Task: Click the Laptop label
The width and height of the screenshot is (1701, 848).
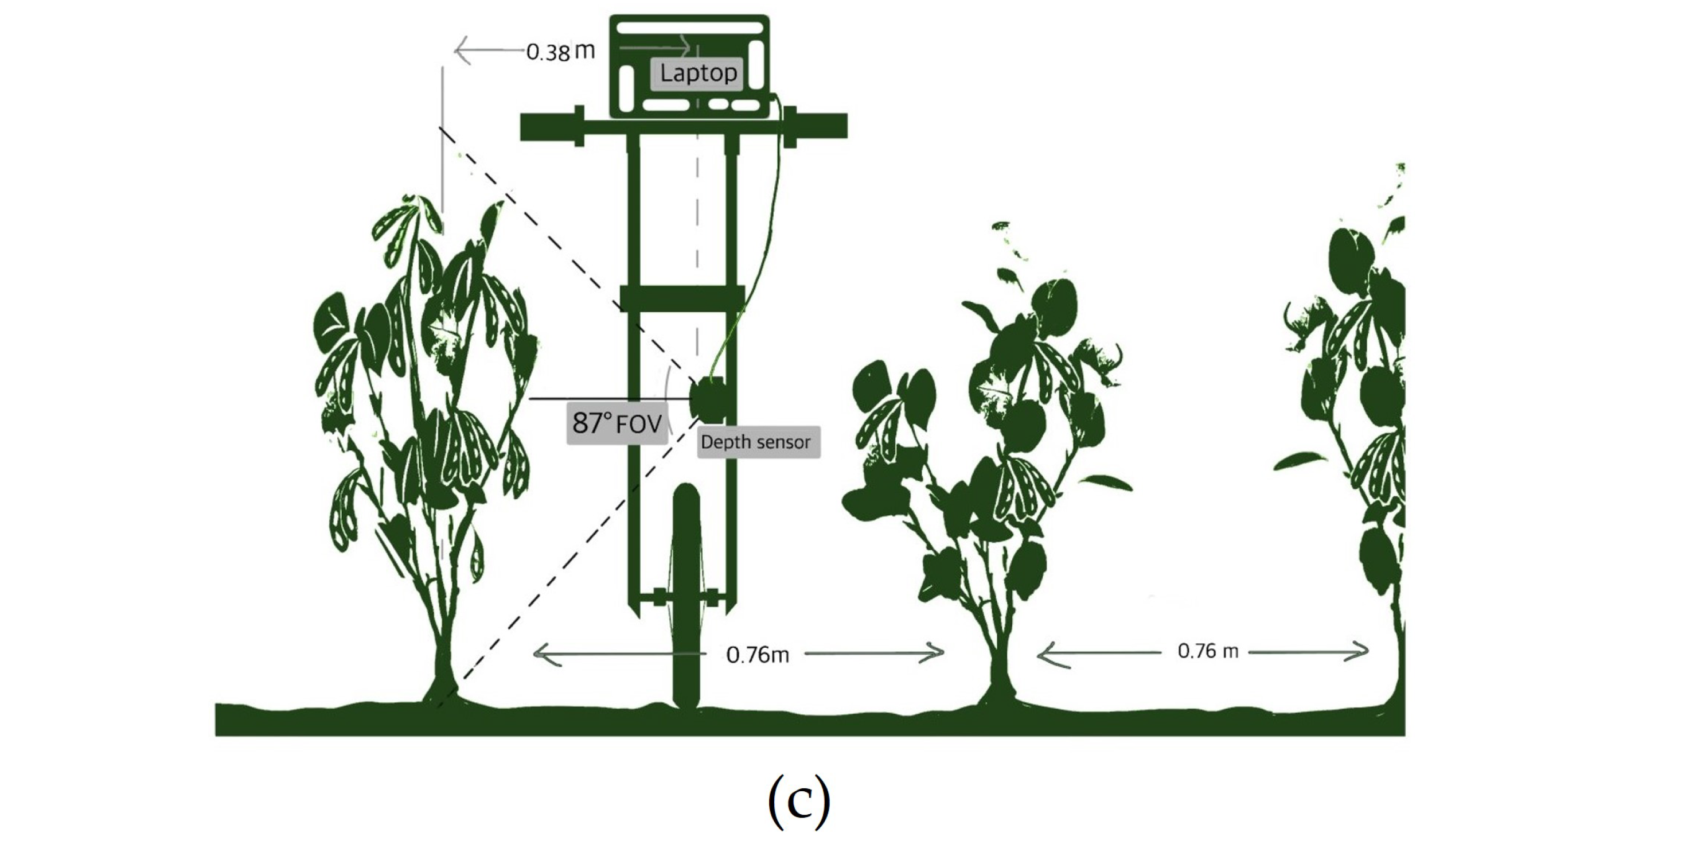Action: pyautogui.click(x=698, y=73)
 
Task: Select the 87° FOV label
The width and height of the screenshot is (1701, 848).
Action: pyautogui.click(x=617, y=423)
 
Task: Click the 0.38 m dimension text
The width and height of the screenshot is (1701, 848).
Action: pyautogui.click(x=560, y=52)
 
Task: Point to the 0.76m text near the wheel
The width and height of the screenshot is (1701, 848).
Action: pyautogui.click(x=758, y=655)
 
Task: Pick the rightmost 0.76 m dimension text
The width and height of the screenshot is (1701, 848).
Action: pyautogui.click(x=1208, y=651)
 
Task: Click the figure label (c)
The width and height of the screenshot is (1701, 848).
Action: pyautogui.click(x=798, y=800)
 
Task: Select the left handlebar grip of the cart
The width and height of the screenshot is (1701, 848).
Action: pyautogui.click(x=548, y=126)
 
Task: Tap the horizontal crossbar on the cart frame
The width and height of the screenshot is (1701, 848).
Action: pyautogui.click(x=682, y=298)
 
